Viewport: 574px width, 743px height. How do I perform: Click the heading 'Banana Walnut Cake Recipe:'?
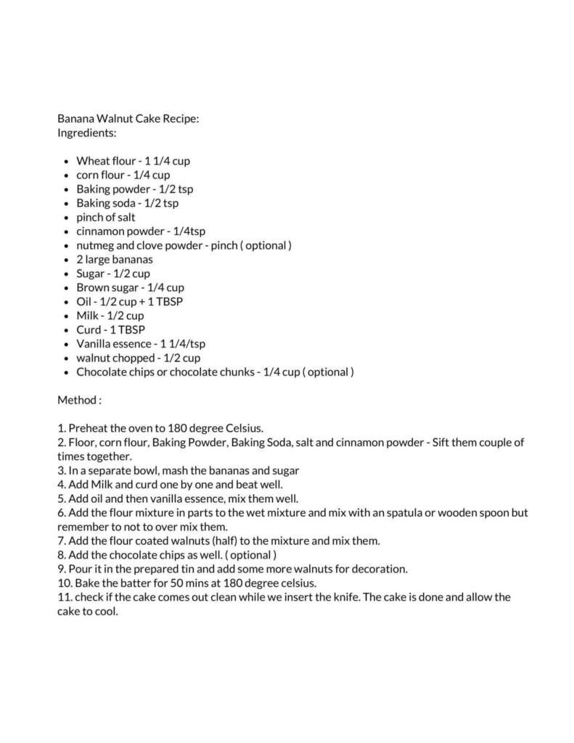click(x=128, y=119)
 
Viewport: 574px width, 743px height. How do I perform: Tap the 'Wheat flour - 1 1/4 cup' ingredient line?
click(x=133, y=161)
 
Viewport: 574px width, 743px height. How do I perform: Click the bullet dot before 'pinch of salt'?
click(x=67, y=218)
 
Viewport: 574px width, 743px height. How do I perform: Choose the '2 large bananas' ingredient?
click(x=114, y=259)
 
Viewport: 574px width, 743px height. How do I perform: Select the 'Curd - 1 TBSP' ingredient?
click(x=110, y=330)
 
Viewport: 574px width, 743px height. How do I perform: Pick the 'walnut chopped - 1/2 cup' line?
click(x=138, y=358)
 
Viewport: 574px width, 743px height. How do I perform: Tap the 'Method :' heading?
click(x=79, y=400)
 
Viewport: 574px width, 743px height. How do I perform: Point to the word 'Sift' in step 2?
click(x=443, y=443)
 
